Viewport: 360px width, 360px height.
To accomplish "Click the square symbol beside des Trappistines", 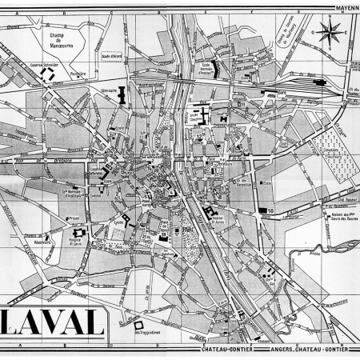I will point(126,324).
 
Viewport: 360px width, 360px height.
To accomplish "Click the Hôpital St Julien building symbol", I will point(210,213).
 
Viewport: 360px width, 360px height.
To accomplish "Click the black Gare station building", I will point(320,82).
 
